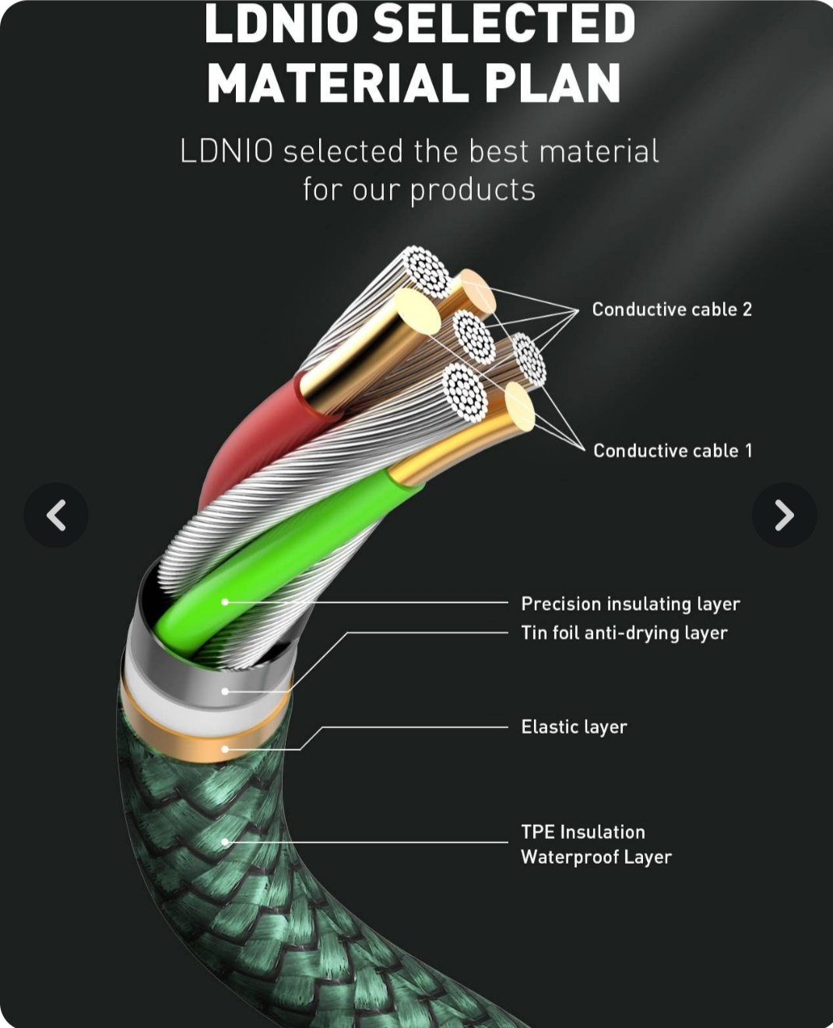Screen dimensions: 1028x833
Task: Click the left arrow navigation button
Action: tap(56, 515)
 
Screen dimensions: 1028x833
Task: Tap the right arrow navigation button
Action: tap(784, 515)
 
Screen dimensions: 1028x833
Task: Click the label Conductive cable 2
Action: tap(672, 310)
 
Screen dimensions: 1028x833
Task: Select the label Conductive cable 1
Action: tap(673, 451)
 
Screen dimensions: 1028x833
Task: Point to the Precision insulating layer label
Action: tap(630, 604)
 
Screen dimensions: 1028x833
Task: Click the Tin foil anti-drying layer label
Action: tap(624, 633)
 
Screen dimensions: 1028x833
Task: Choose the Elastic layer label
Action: tap(574, 727)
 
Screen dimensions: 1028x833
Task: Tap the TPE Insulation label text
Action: tap(583, 833)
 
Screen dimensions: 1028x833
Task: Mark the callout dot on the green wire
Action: tap(225, 602)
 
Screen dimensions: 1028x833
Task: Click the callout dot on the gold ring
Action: tap(225, 749)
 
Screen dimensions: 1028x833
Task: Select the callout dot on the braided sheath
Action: tap(225, 842)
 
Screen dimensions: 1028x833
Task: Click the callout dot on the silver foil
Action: tap(225, 691)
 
